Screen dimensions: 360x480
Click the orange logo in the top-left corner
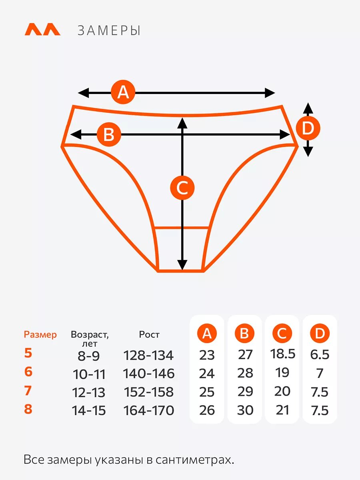(42, 30)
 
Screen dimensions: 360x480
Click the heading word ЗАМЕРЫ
(109, 31)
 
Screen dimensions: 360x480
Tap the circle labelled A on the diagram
(123, 92)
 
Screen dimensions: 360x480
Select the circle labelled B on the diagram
(109, 134)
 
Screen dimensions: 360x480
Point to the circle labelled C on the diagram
(182, 188)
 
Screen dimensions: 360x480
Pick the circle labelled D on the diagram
(308, 129)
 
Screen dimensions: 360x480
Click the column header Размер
(40, 334)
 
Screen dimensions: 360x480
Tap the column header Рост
(149, 334)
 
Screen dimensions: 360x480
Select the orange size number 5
(28, 353)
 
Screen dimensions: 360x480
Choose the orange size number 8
(28, 409)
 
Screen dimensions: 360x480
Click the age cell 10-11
(89, 374)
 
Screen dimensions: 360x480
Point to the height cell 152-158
(148, 392)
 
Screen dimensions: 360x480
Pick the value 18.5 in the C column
(282, 354)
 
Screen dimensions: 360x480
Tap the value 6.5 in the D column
(320, 354)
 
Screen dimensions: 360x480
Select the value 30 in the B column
(245, 410)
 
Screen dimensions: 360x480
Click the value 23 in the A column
(207, 355)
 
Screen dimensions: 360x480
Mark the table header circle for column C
(282, 333)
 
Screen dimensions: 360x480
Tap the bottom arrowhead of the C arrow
(182, 265)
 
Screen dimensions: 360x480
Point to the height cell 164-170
(148, 410)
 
